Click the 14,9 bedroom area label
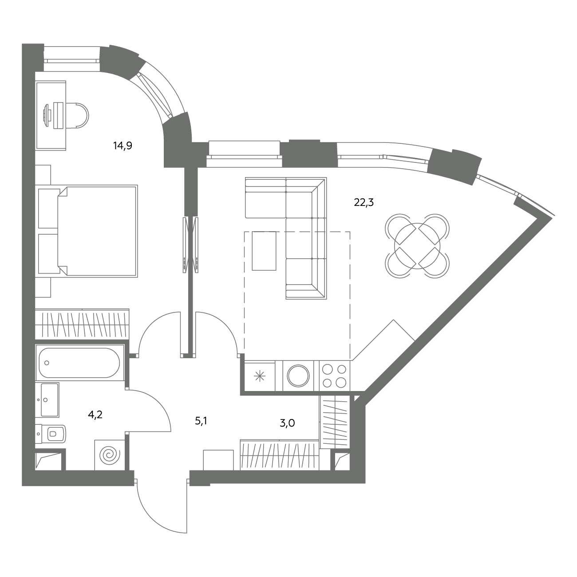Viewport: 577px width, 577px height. pyautogui.click(x=123, y=146)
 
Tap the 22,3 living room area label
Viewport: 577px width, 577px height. pyautogui.click(x=364, y=203)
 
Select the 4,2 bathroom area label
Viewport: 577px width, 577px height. pyautogui.click(x=95, y=415)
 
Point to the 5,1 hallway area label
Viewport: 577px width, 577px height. pyautogui.click(x=201, y=421)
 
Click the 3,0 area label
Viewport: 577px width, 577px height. pyautogui.click(x=288, y=423)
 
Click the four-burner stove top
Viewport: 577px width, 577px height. pyautogui.click(x=335, y=376)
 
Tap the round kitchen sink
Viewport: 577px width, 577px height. pyautogui.click(x=298, y=375)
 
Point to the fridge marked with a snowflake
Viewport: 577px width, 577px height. pyautogui.click(x=260, y=376)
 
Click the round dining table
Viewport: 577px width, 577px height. pyautogui.click(x=417, y=246)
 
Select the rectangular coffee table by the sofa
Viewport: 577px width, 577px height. pyautogui.click(x=264, y=251)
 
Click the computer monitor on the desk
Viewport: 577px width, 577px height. pyautogui.click(x=47, y=115)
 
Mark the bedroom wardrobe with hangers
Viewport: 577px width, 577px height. pyautogui.click(x=83, y=324)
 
